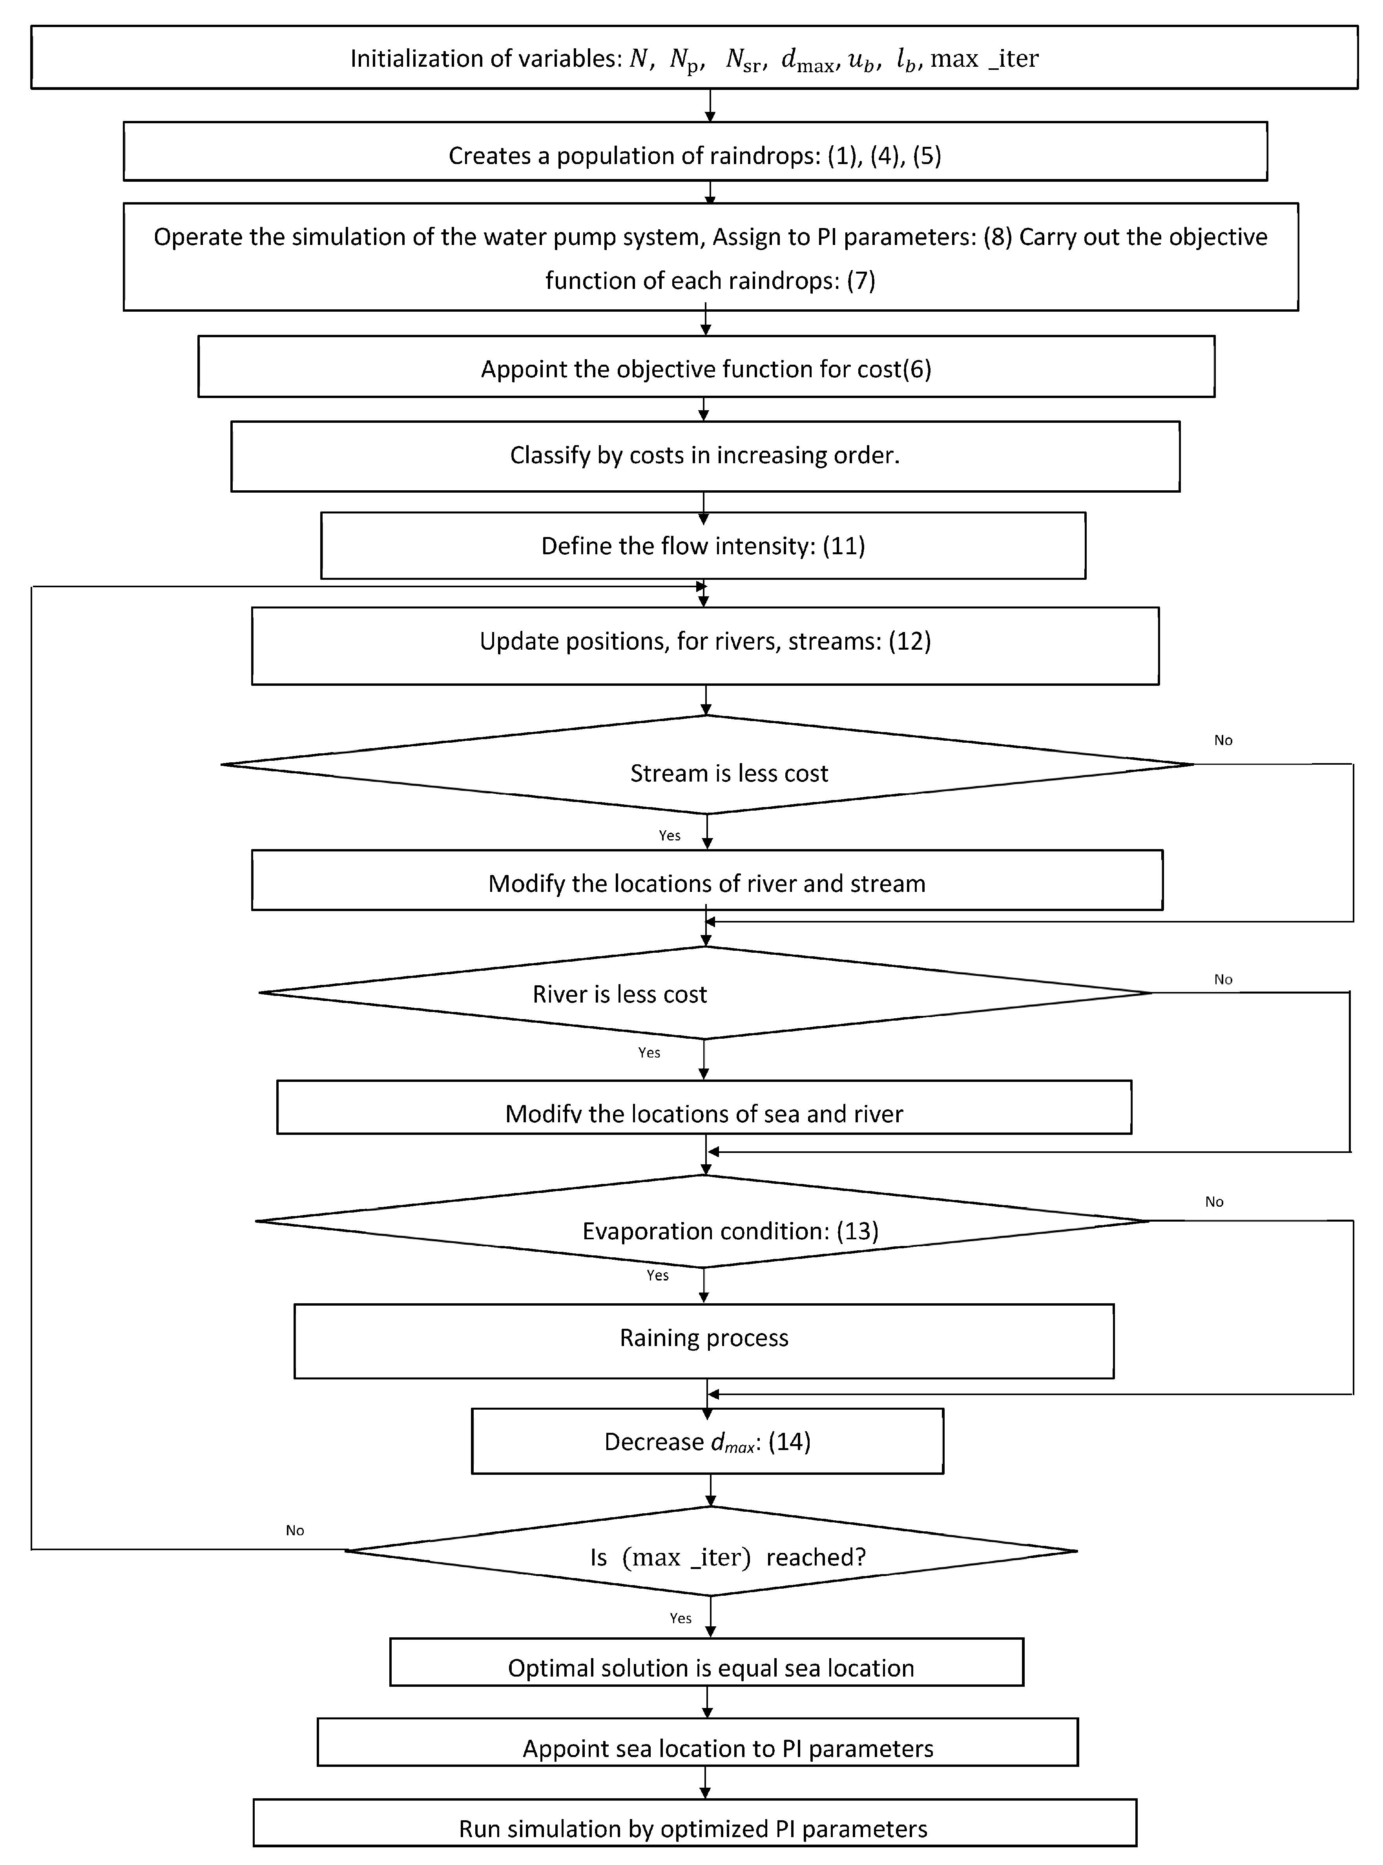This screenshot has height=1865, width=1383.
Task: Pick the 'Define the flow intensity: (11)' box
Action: pos(703,546)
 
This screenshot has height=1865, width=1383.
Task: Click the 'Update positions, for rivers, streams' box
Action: pos(705,641)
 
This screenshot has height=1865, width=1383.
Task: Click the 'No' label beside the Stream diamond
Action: pos(1223,740)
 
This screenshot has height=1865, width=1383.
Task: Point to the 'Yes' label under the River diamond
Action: pos(649,1053)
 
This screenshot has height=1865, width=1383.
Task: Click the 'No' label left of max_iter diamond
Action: pos(295,1530)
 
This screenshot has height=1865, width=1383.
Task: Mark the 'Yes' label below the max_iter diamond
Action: pos(681,1618)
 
